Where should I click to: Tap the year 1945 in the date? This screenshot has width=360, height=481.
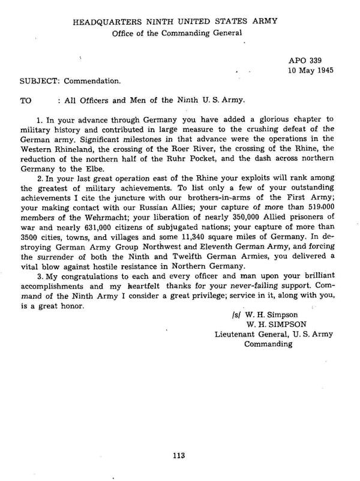321,71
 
